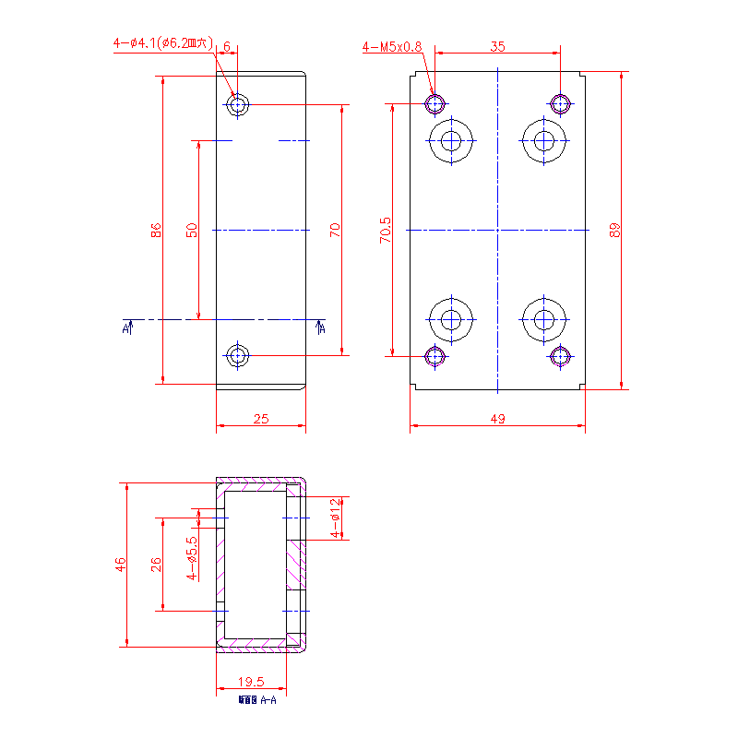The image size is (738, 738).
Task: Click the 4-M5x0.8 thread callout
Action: coord(392,46)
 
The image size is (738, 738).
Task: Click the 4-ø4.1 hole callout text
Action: coord(162,42)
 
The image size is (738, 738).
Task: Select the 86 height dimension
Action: coord(156,230)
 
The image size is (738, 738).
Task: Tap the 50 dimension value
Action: coord(192,230)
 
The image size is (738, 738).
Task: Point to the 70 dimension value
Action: coord(335,230)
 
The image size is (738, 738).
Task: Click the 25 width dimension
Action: coord(260,419)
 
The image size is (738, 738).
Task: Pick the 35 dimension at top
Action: coord(497,45)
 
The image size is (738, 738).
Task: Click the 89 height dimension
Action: coord(614,230)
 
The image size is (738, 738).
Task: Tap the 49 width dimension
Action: coord(497,419)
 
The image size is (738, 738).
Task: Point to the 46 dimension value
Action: coord(120,565)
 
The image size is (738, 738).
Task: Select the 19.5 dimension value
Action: coord(250,682)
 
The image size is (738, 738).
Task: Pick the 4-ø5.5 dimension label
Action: coord(192,557)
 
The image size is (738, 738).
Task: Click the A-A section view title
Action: coord(257,700)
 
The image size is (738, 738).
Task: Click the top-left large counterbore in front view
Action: coord(451,140)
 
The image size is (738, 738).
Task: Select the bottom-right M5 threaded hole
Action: coord(560,356)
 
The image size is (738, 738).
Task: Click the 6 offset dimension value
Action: coord(227,45)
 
